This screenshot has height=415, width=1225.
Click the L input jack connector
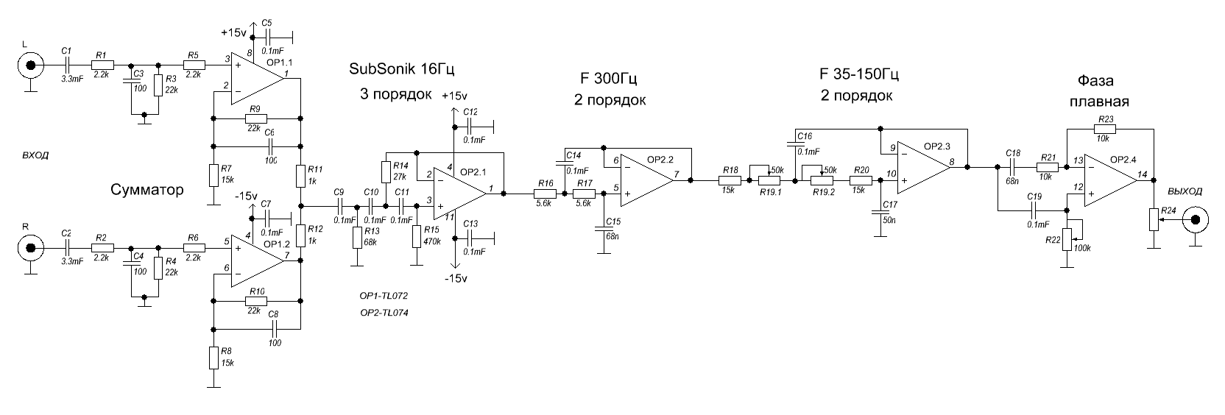pyautogui.click(x=31, y=65)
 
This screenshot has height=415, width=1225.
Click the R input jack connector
pyautogui.click(x=31, y=248)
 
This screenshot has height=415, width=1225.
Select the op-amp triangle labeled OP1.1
pyautogui.click(x=258, y=79)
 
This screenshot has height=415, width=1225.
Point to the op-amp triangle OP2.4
pyautogui.click(x=1111, y=180)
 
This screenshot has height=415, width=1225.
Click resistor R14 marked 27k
pyautogui.click(x=386, y=171)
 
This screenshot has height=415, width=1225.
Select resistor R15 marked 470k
pyautogui.click(x=417, y=235)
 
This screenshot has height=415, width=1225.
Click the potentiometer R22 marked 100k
pyautogui.click(x=1067, y=240)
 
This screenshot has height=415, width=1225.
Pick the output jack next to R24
pyautogui.click(x=1196, y=220)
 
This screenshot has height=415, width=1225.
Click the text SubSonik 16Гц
pyautogui.click(x=402, y=69)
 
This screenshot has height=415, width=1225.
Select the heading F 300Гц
pyautogui.click(x=609, y=78)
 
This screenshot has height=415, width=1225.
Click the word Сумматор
pyautogui.click(x=147, y=190)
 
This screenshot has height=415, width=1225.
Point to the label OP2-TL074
pyautogui.click(x=384, y=313)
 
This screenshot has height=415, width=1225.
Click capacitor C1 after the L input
pyautogui.click(x=67, y=65)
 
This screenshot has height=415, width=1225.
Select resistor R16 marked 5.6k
pyautogui.click(x=546, y=194)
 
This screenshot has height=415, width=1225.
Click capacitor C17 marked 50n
pyautogui.click(x=880, y=210)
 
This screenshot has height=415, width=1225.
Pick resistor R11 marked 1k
pyautogui.click(x=300, y=176)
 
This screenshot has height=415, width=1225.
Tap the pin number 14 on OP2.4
pyautogui.click(x=1143, y=174)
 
